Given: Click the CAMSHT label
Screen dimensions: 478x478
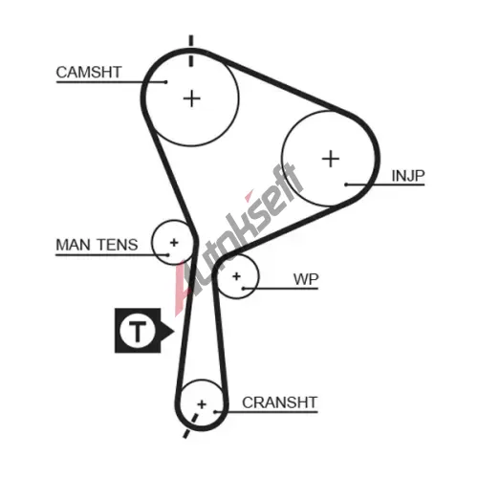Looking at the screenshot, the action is coord(89,73).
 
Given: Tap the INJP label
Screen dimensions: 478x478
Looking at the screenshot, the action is coord(408,176).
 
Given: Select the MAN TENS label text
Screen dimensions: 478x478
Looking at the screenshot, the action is coord(97,245).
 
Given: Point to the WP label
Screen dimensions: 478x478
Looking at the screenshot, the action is coord(306,279).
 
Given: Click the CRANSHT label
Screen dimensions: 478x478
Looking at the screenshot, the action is coord(280,402).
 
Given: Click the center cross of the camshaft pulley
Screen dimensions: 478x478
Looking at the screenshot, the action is coord(192,98).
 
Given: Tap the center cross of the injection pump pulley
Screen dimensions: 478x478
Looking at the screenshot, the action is coord(331,159).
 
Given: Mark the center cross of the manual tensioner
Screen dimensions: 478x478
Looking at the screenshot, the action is coord(174,243).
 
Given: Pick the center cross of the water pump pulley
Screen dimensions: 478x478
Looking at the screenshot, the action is coord(236,276).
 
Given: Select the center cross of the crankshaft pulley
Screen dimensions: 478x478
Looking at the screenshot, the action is coord(202,404).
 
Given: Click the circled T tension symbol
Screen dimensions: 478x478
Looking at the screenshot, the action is coord(138,331).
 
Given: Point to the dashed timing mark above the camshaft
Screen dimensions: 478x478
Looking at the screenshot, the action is coord(191,51).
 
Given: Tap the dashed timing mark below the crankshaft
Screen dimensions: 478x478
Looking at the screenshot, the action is coord(191,425).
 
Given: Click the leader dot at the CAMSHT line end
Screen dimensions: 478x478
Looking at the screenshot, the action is coord(165,82).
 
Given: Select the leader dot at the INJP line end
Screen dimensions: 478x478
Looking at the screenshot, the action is coord(346,185).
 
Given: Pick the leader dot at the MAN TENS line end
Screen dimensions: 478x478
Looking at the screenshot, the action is coord(168,254).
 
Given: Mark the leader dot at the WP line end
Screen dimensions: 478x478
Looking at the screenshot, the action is coord(243,289).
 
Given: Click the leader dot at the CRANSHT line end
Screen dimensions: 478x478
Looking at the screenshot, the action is coord(215,412).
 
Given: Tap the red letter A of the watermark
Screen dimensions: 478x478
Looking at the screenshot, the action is coord(185,289).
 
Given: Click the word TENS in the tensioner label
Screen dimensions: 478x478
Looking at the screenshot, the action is coord(118,245).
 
